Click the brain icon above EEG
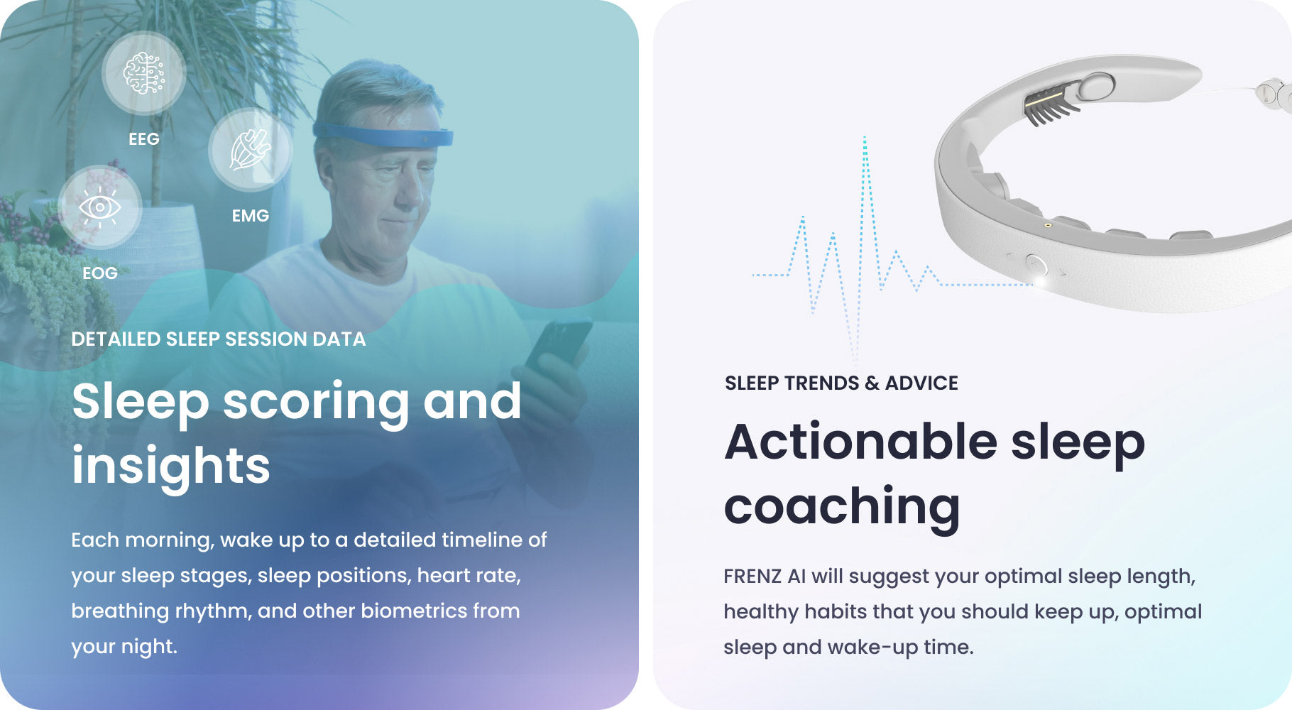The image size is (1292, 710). point(144,72)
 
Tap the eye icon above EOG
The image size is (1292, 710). point(99,207)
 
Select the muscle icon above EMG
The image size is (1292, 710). point(251,149)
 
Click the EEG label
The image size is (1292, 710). point(144,139)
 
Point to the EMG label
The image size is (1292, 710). point(251,216)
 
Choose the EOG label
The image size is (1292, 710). point(100,273)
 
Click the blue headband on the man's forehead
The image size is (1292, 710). point(383,134)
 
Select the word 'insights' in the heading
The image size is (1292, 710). point(171,465)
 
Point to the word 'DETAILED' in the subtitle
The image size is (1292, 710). point(116,339)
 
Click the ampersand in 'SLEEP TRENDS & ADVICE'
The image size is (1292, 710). point(872,383)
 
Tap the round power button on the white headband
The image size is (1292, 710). point(1036,266)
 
